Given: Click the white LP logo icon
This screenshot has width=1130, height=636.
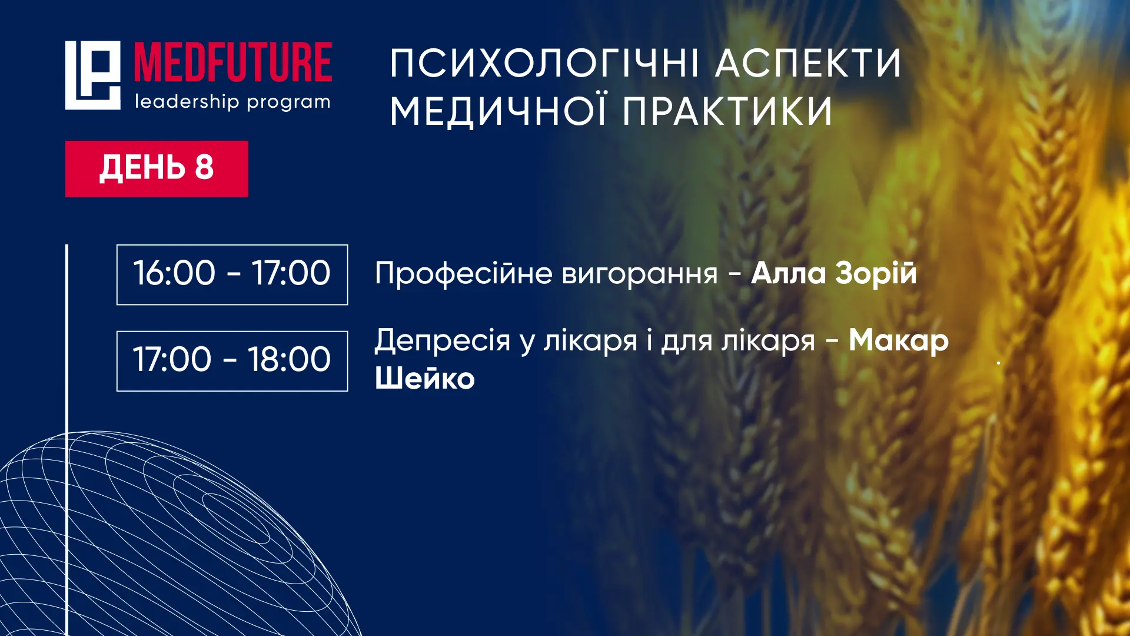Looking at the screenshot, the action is click(92, 75).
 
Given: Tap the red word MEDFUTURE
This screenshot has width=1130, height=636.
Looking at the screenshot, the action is click(233, 62).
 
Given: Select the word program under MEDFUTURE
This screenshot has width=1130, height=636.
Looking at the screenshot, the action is click(288, 103).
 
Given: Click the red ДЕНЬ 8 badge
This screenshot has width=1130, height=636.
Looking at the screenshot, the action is click(157, 169).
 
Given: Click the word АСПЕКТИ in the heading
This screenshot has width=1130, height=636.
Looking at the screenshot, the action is click(808, 64).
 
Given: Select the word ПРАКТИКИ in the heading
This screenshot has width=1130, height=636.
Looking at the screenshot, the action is click(727, 112).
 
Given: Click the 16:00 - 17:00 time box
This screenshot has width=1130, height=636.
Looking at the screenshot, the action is click(232, 274).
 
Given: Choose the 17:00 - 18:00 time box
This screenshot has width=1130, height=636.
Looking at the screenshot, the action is click(232, 361).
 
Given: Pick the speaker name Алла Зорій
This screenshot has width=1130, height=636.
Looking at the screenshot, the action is click(834, 274).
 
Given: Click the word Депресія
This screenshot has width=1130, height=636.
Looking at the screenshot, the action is click(443, 342).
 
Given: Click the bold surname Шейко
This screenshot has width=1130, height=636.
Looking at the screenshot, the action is click(425, 377).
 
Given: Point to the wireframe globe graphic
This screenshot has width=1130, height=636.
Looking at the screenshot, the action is click(177, 530).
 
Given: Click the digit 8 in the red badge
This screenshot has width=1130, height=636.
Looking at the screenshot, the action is click(204, 167).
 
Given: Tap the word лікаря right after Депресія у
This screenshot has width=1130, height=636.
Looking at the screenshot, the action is click(590, 342).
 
